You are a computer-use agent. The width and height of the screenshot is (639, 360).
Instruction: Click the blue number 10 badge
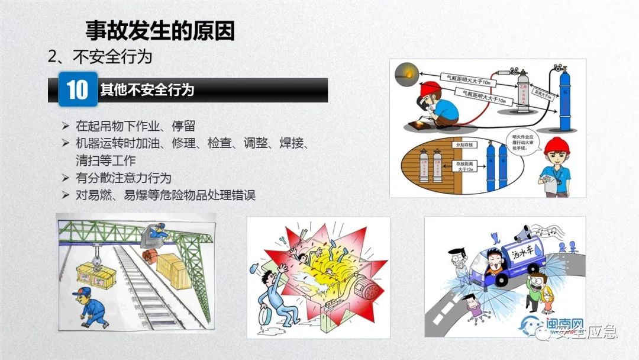pyautogui.click(x=78, y=89)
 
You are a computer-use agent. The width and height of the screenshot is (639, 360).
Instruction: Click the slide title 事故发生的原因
pyautogui.click(x=160, y=30)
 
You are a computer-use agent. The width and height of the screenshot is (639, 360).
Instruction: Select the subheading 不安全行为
pyautogui.click(x=112, y=56)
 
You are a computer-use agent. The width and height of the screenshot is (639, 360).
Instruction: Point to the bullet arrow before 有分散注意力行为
pyautogui.click(x=66, y=178)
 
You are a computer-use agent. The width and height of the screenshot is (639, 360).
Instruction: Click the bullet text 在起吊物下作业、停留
pyautogui.click(x=135, y=126)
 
